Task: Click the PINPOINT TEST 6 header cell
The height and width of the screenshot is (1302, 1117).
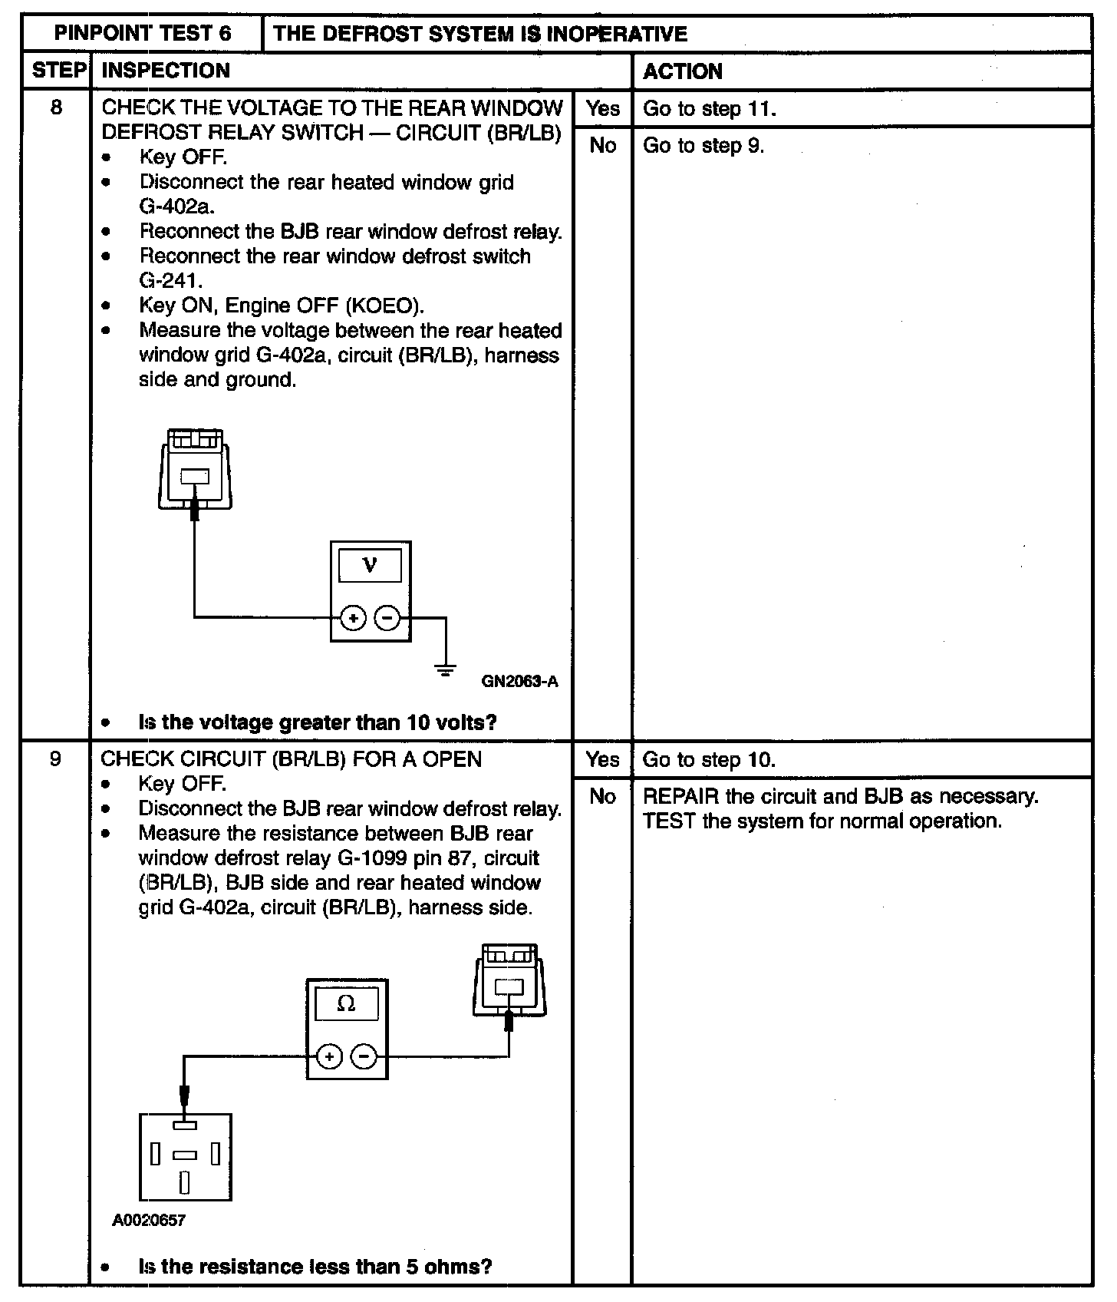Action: (142, 34)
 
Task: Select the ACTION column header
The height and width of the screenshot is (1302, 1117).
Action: (682, 71)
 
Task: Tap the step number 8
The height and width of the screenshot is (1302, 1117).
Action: (56, 107)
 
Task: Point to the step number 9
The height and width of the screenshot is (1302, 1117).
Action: (55, 759)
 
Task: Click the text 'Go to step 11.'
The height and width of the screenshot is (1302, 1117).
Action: (709, 109)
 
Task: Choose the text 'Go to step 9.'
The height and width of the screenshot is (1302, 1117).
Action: (703, 146)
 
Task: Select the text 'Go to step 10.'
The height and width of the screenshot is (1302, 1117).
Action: (709, 760)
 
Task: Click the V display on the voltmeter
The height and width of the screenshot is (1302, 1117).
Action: (370, 566)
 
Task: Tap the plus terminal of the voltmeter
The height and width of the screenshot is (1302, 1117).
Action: (353, 617)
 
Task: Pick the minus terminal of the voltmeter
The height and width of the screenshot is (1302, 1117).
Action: (387, 617)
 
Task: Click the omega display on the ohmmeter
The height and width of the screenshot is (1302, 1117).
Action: (346, 1004)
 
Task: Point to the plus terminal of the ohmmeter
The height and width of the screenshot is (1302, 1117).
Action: (329, 1057)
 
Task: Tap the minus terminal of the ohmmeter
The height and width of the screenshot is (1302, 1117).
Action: (364, 1057)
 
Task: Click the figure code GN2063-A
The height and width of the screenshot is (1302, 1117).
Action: (519, 681)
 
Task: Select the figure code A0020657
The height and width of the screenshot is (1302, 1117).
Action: (149, 1220)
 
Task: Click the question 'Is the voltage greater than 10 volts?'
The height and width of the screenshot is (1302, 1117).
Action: (317, 722)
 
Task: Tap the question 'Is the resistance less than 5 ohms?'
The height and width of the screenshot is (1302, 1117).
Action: (315, 1266)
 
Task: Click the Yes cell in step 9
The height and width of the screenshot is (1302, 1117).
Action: (602, 760)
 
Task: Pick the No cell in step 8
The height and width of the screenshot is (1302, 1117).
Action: (602, 146)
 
